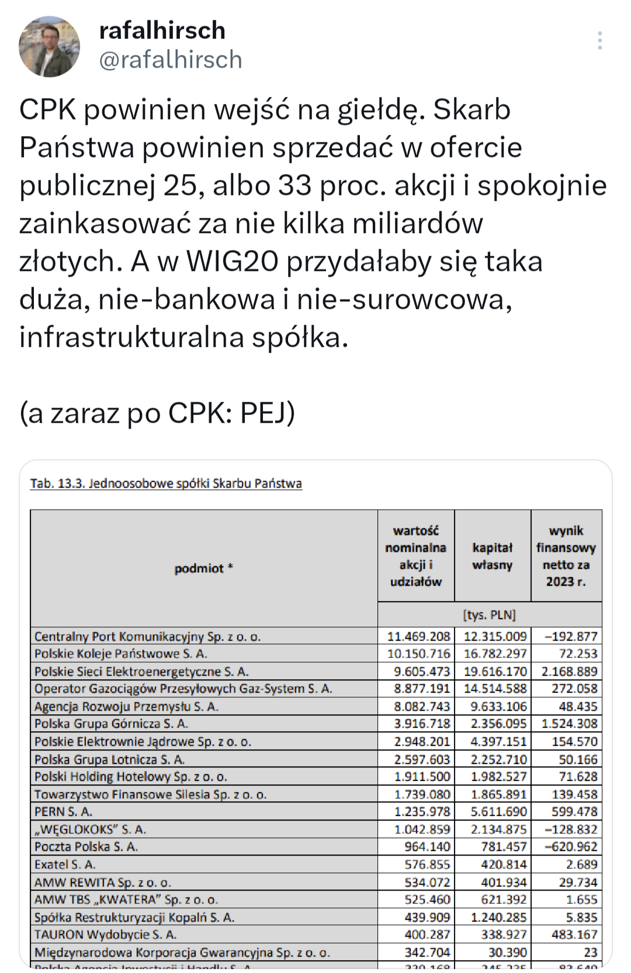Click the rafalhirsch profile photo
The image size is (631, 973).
coord(50,47)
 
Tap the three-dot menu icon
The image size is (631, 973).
coord(599,40)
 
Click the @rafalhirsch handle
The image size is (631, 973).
coord(171,60)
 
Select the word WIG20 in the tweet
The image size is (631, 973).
coord(231,262)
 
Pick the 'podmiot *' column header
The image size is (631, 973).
coord(203,568)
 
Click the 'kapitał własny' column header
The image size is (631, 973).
coord(493,556)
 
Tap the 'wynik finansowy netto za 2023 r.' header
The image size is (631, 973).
coord(566,556)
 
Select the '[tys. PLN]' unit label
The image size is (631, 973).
coord(490,615)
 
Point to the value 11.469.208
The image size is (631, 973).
coord(418,637)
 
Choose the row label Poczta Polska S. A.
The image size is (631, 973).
coord(86,847)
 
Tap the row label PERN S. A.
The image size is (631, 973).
coord(63,812)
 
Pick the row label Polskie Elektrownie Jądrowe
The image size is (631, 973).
coord(143,742)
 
